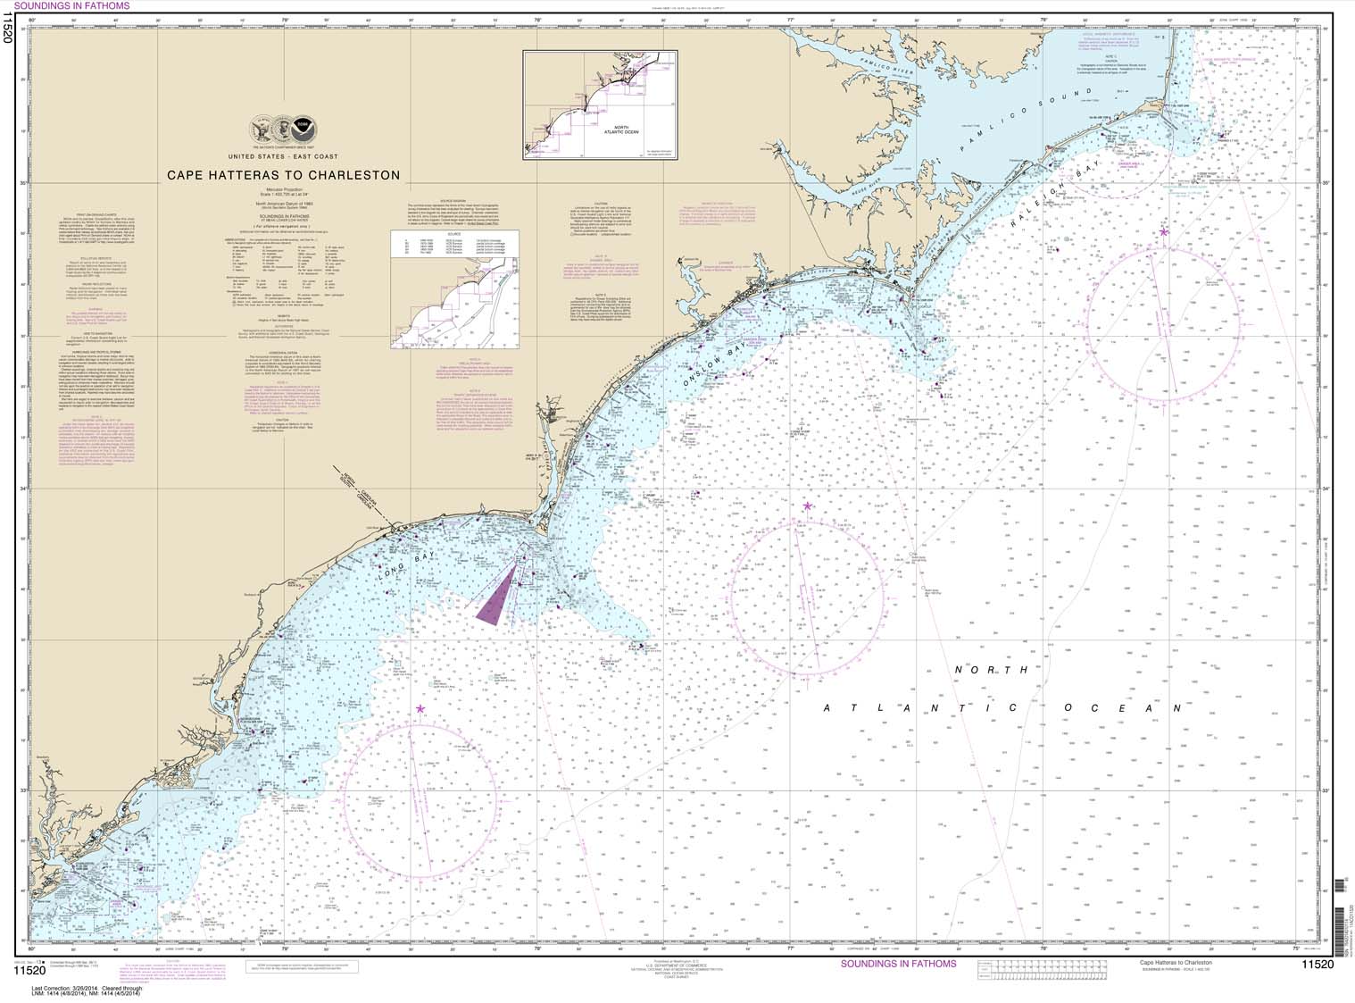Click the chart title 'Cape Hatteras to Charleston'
click(284, 175)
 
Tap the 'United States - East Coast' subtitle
click(284, 156)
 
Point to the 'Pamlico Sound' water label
click(1026, 121)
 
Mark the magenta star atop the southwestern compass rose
click(420, 709)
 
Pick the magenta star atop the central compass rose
click(807, 506)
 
